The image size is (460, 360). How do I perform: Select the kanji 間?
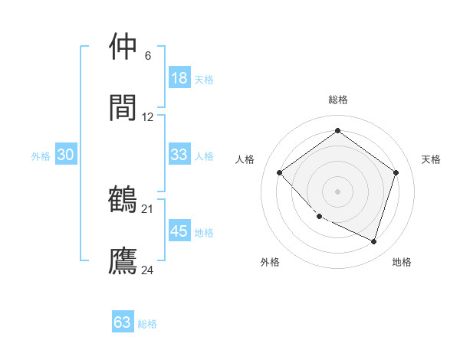[x=123, y=107]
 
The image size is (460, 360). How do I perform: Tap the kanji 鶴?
[x=123, y=198]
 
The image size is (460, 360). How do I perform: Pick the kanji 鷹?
[x=123, y=260]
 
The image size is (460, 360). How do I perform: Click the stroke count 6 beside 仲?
[x=147, y=56]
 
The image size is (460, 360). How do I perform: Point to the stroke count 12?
[x=147, y=117]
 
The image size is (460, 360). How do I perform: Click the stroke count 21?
[x=147, y=208]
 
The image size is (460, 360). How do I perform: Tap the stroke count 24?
[x=147, y=270]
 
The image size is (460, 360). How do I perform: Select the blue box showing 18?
[x=179, y=77]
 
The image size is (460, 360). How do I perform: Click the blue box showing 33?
[x=179, y=155]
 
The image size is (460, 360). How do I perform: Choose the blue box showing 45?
[x=179, y=231]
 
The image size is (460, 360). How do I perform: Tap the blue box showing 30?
[x=66, y=155]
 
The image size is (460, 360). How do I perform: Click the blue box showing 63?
[x=123, y=322]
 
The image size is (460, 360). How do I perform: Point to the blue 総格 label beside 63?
[x=147, y=324]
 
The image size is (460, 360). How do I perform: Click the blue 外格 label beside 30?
[x=41, y=156]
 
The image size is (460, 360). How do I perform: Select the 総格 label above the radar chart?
[x=337, y=100]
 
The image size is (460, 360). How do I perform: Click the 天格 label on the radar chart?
[x=431, y=159]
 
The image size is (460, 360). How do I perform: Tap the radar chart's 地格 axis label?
[x=402, y=262]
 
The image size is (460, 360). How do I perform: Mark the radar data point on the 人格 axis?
[x=280, y=173]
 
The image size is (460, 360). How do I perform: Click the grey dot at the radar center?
[x=337, y=191]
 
